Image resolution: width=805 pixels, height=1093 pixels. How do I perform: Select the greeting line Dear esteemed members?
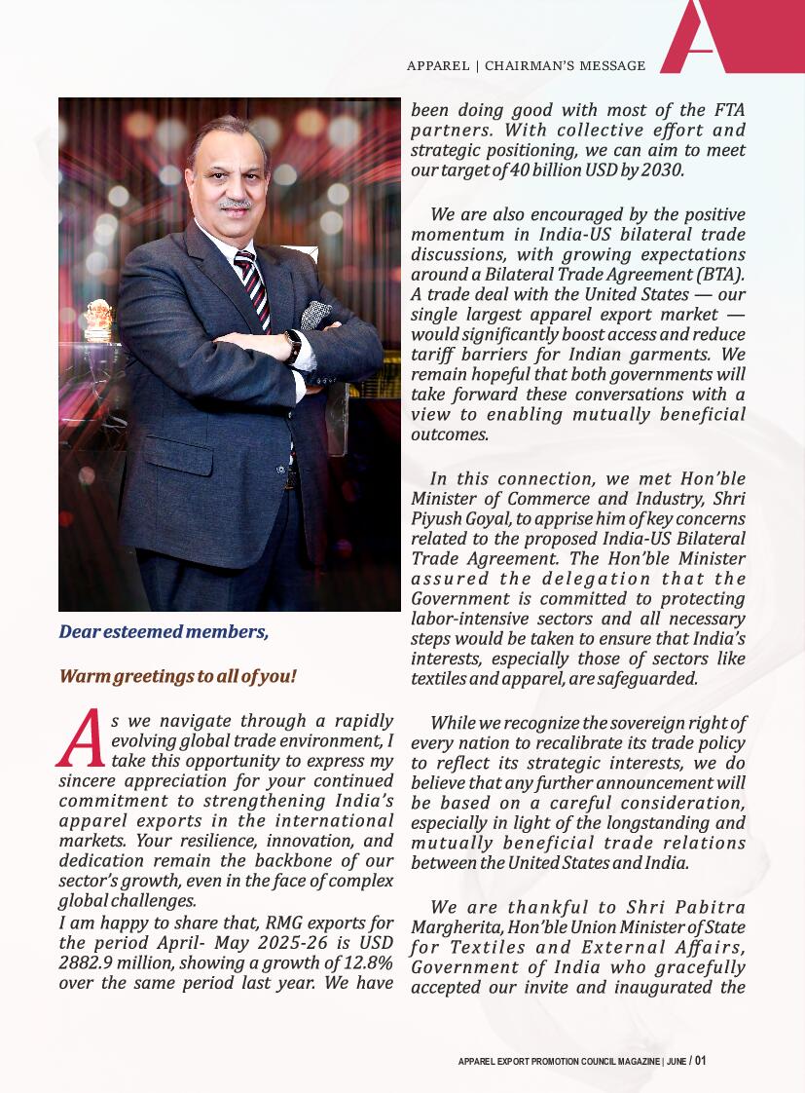click(x=164, y=631)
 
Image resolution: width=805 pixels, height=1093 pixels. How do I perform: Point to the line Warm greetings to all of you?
click(x=177, y=676)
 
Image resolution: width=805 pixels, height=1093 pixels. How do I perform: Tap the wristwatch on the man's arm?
click(x=292, y=346)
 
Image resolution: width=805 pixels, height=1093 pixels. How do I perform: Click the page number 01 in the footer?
click(x=701, y=1061)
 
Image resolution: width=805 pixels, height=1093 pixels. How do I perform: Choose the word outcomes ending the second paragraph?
click(x=449, y=434)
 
